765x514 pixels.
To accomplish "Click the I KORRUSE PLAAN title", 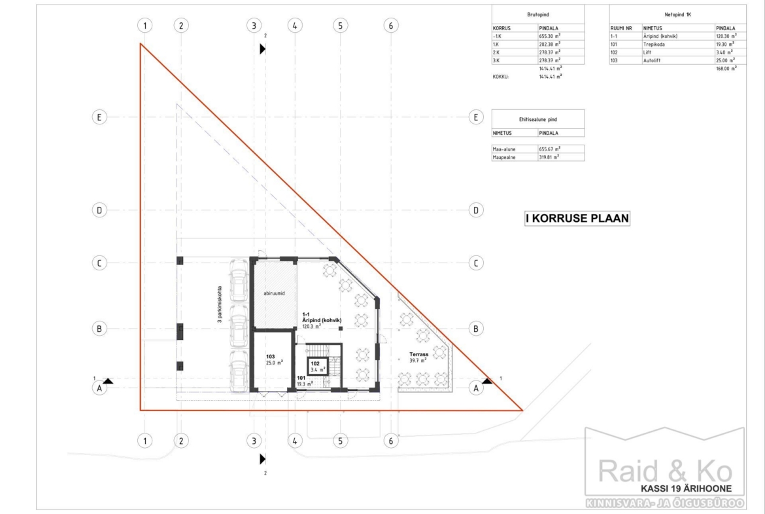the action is pos(577,219).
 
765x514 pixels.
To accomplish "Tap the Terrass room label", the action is pos(418,355).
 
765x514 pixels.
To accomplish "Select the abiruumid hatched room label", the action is pos(274,293).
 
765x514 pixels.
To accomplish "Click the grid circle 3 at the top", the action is pos(254,26).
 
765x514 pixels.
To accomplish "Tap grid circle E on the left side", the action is pos(99,117).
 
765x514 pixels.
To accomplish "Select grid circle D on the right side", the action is pos(476,210).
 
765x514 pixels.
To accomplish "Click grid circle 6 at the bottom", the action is pos(391,441).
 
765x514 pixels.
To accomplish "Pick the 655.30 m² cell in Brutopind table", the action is pos(549,36).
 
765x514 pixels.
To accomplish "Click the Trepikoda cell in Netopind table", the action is pos(654,45).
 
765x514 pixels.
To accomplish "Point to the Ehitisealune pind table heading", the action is pos(537,119).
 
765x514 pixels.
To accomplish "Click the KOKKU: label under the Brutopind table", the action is pos(501,77).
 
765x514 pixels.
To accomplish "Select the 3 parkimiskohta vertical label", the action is pos(220,304).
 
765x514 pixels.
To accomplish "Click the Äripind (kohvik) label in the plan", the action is pos(322,321).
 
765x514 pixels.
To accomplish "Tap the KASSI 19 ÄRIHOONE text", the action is pos(686,488).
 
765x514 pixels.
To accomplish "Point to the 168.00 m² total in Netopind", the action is pos(726,68).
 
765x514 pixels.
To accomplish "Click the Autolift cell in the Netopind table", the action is pos(652,61).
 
